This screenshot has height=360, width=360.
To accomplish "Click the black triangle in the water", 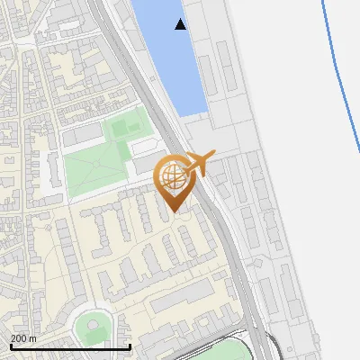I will click(x=181, y=24).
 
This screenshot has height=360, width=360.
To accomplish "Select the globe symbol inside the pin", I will click(x=171, y=175).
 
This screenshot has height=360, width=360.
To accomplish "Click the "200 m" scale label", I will click(x=23, y=338).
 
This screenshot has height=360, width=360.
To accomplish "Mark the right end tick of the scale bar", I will click(x=130, y=345).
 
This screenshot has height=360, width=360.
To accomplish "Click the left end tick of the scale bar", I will click(x=10, y=345).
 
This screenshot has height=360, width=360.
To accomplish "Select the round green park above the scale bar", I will click(x=92, y=325).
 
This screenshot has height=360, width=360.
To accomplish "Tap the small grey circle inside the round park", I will click(x=93, y=325).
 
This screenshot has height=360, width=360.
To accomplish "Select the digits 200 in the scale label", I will click(x=19, y=338).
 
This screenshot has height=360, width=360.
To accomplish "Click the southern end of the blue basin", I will click(x=191, y=110).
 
